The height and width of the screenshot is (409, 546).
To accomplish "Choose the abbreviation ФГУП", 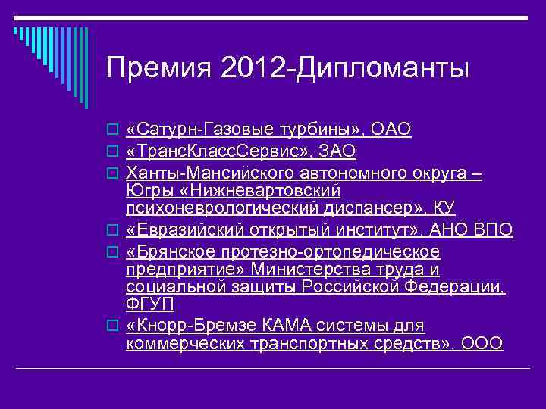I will (150, 305).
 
